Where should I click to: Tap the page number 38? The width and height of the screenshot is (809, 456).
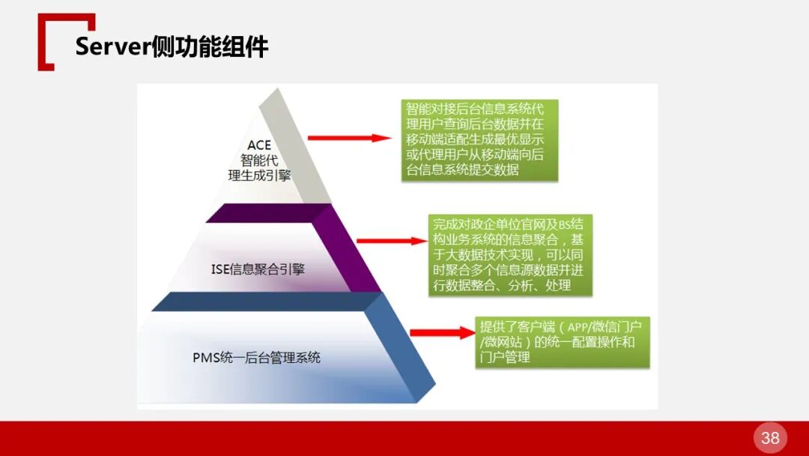[770, 438]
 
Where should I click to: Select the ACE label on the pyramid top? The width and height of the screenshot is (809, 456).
[259, 145]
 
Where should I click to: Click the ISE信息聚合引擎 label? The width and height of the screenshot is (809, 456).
[258, 268]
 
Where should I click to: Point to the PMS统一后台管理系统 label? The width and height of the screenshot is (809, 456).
[256, 357]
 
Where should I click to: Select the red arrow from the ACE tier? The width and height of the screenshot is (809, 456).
[349, 138]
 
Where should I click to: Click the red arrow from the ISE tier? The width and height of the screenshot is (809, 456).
[390, 241]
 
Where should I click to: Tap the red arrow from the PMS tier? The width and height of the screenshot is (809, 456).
[442, 333]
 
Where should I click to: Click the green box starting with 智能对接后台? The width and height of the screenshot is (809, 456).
[479, 139]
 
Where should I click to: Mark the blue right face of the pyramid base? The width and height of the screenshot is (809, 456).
[408, 345]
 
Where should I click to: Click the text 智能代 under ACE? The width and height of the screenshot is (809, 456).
[258, 160]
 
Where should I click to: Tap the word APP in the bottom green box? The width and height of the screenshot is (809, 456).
[578, 327]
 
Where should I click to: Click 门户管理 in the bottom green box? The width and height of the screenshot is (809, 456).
[505, 357]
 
